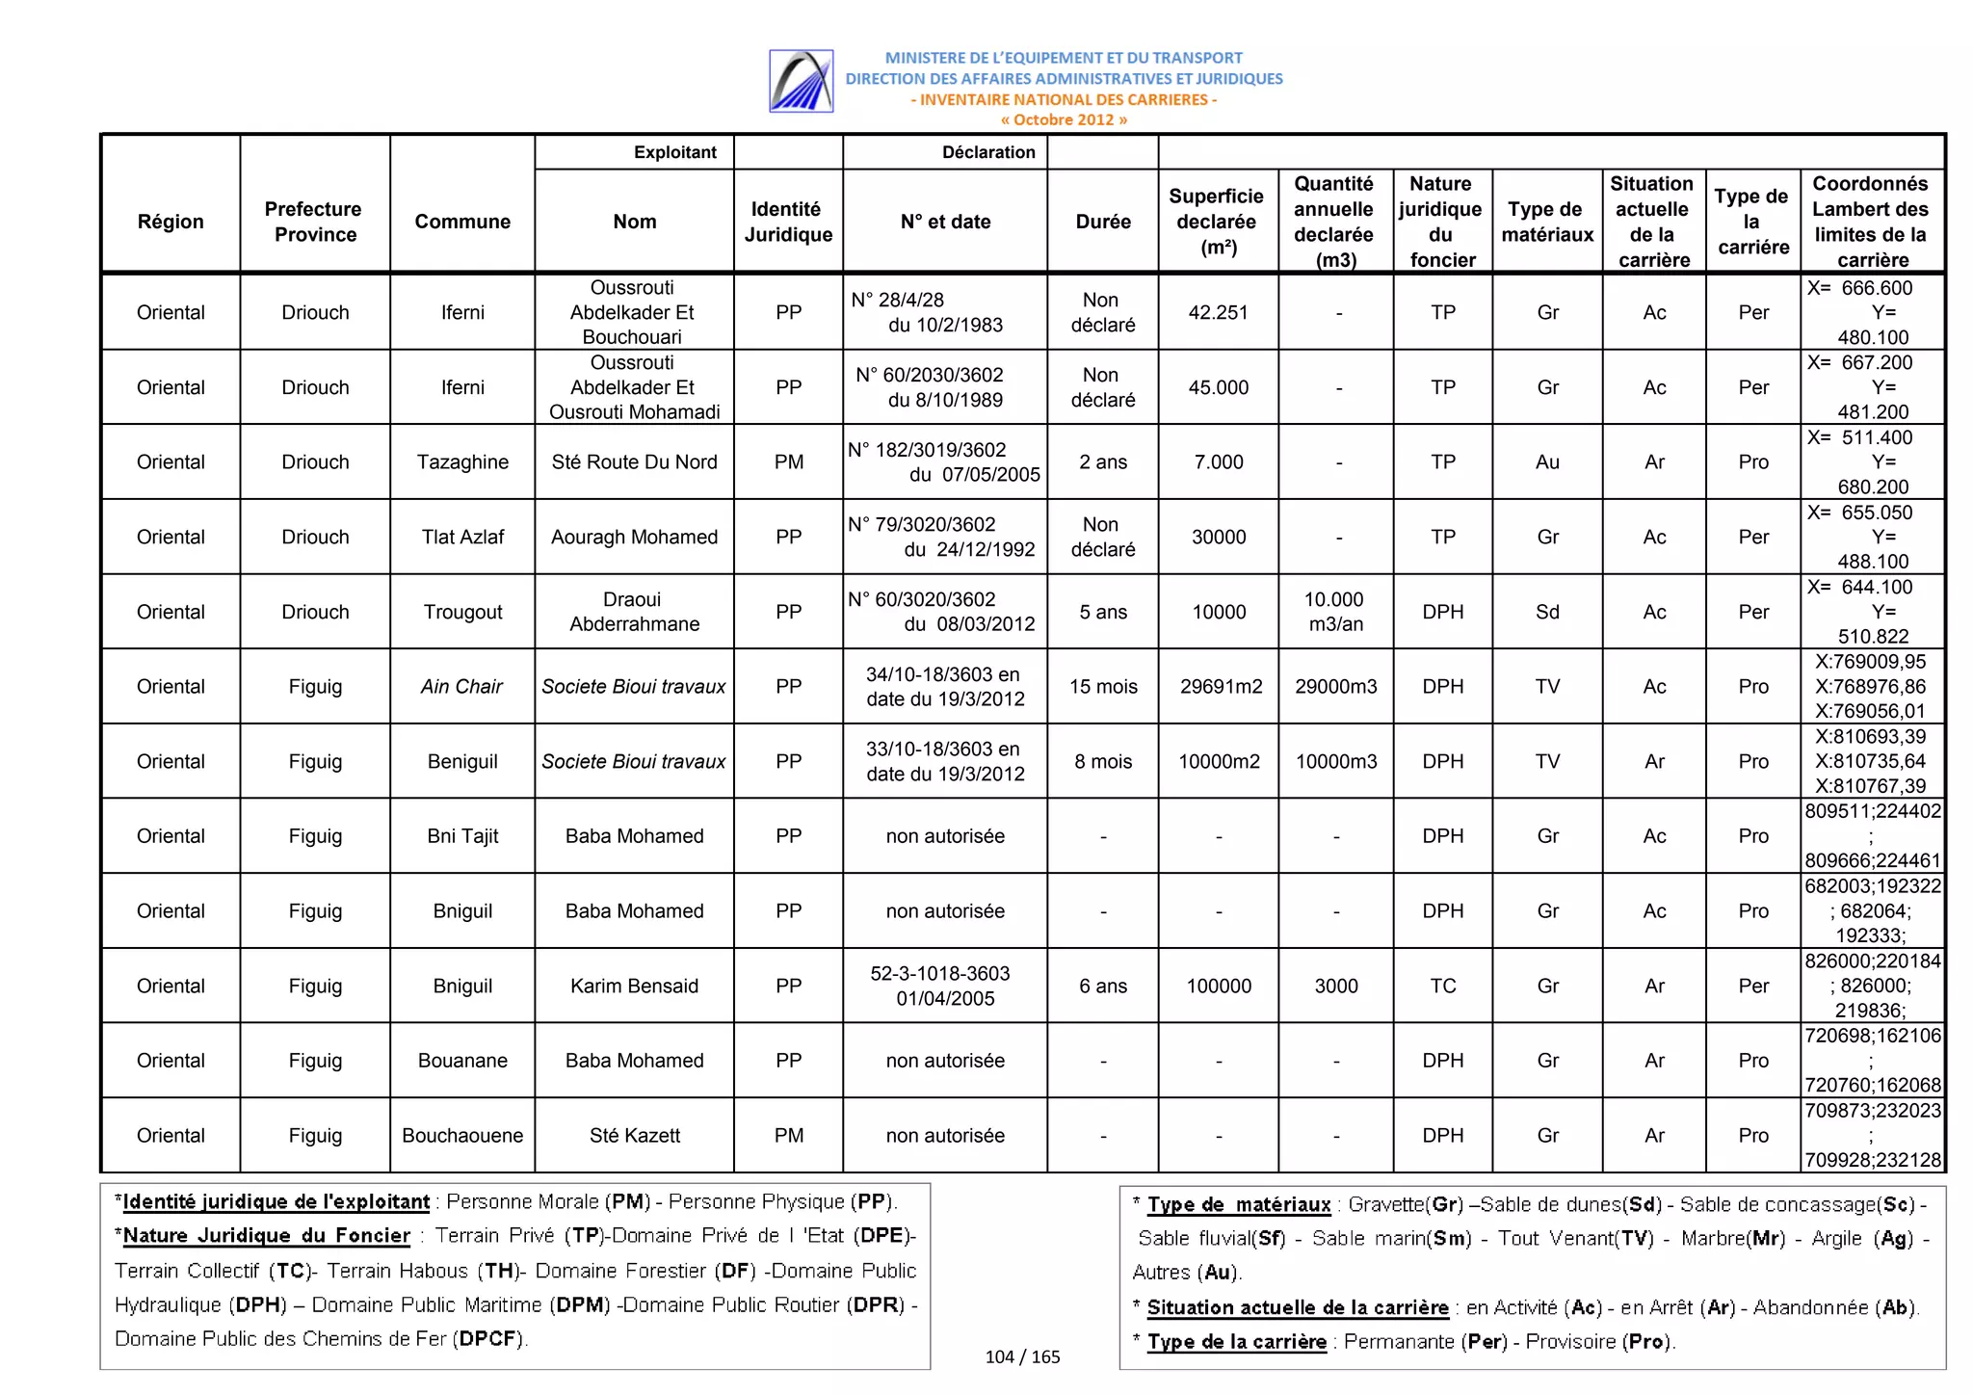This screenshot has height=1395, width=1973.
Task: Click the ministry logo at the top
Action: coord(801,81)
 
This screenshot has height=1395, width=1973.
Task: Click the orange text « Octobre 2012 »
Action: coord(1064,120)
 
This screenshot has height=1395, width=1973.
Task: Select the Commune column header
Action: coord(462,222)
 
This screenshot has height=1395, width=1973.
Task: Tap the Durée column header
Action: coord(1103,222)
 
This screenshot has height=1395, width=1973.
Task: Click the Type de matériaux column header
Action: coord(1547,222)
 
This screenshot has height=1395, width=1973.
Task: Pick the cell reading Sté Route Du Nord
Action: coord(634,462)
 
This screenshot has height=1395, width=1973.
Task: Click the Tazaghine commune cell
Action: coord(462,462)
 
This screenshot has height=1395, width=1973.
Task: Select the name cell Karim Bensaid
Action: coord(634,986)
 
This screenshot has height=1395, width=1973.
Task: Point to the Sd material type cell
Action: coord(1547,612)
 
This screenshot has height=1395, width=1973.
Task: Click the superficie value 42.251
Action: coord(1218,313)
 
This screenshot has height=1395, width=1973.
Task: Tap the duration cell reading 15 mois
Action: coord(1103,687)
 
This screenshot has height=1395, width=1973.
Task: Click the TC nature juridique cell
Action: coord(1442,986)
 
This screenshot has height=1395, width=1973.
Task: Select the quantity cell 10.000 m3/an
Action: coord(1335,612)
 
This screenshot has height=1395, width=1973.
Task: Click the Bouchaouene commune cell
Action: coord(462,1136)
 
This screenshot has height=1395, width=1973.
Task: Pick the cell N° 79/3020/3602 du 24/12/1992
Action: coord(944,537)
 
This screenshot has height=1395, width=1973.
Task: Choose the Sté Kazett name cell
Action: coord(634,1136)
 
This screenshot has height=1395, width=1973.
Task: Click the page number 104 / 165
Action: coord(1022,1356)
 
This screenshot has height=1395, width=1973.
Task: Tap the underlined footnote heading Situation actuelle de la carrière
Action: coord(1297,1307)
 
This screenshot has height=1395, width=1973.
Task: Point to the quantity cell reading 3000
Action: coord(1335,986)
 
